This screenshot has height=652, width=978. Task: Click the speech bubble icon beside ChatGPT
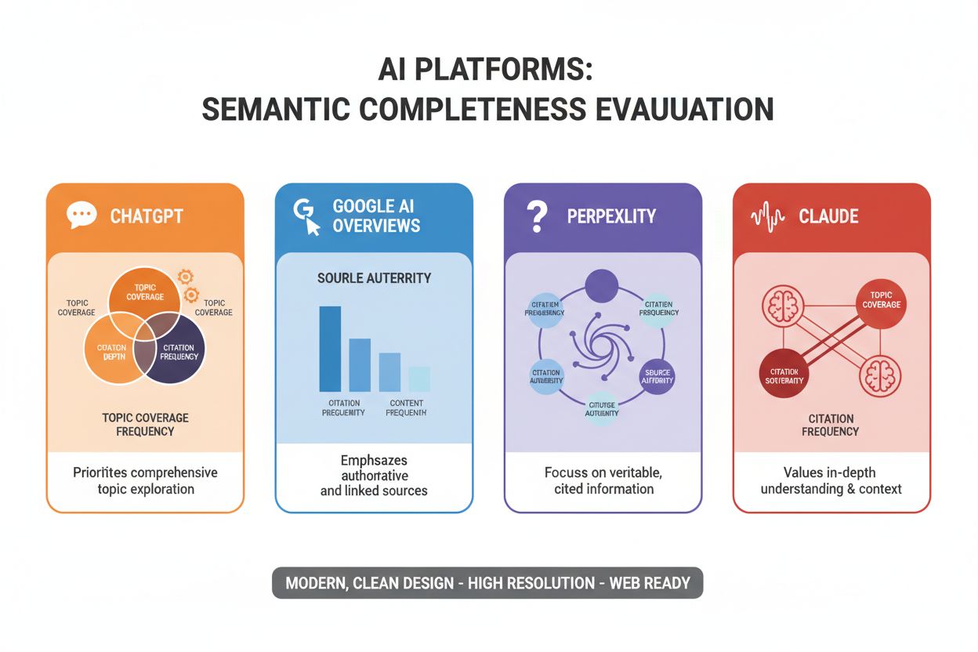pos(81,215)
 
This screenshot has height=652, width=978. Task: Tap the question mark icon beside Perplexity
pos(536,216)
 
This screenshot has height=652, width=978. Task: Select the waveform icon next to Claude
pos(767,216)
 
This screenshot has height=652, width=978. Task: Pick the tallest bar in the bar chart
pos(330,349)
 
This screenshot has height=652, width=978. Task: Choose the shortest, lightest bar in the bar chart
pos(419,379)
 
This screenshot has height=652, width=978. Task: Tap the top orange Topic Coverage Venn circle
pos(145,292)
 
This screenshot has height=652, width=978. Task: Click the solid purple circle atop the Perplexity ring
pos(601,285)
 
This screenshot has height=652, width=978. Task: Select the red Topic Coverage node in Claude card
pos(881,300)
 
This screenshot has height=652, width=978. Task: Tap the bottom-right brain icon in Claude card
pos(880,377)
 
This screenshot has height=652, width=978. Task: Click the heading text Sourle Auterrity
pos(374,278)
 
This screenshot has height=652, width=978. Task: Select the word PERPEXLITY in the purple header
pos(611,216)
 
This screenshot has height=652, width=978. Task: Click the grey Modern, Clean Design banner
pos(487,583)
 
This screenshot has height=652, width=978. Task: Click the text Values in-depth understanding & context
pos(831,480)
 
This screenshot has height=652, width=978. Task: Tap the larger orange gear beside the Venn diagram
pos(185,276)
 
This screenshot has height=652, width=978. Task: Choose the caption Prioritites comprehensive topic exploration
pos(145,480)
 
